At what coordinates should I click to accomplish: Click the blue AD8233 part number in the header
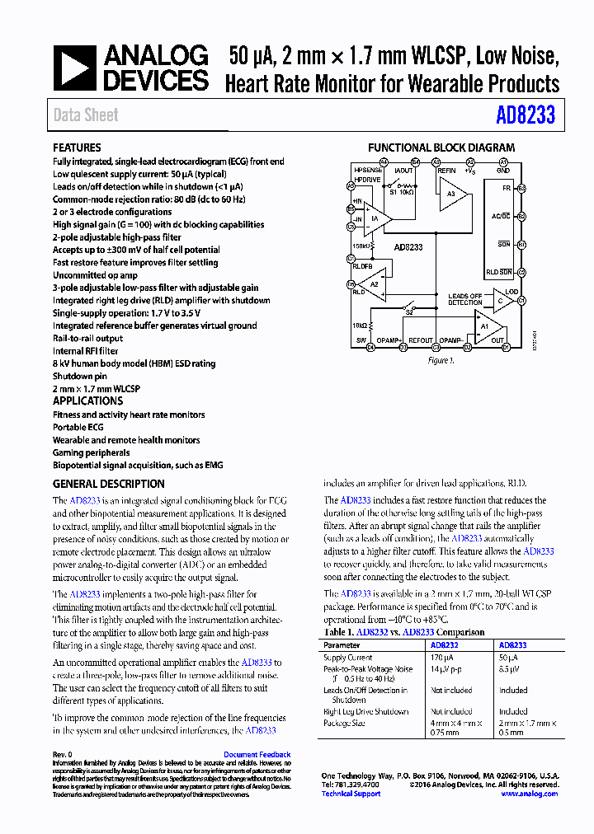pyautogui.click(x=526, y=115)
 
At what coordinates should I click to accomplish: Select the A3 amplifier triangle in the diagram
pyautogui.click(x=453, y=194)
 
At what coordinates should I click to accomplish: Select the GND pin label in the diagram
pyautogui.click(x=503, y=171)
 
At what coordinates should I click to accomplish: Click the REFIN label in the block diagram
pyautogui.click(x=446, y=171)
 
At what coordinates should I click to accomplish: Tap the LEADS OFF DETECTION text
pyautogui.click(x=465, y=299)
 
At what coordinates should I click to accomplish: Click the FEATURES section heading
pyautogui.click(x=77, y=148)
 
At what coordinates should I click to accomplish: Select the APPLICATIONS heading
pyautogui.click(x=87, y=401)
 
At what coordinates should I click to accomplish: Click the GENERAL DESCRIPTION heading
pyautogui.click(x=108, y=485)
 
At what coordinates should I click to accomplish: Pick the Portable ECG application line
pyautogui.click(x=81, y=428)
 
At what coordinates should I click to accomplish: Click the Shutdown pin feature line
pyautogui.click(x=81, y=376)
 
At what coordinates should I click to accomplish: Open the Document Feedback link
pyautogui.click(x=257, y=755)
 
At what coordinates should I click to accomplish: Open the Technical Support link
pyautogui.click(x=351, y=794)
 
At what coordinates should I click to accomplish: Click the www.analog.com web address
pyautogui.click(x=529, y=794)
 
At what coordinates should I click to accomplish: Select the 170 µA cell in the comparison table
pyautogui.click(x=442, y=658)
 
